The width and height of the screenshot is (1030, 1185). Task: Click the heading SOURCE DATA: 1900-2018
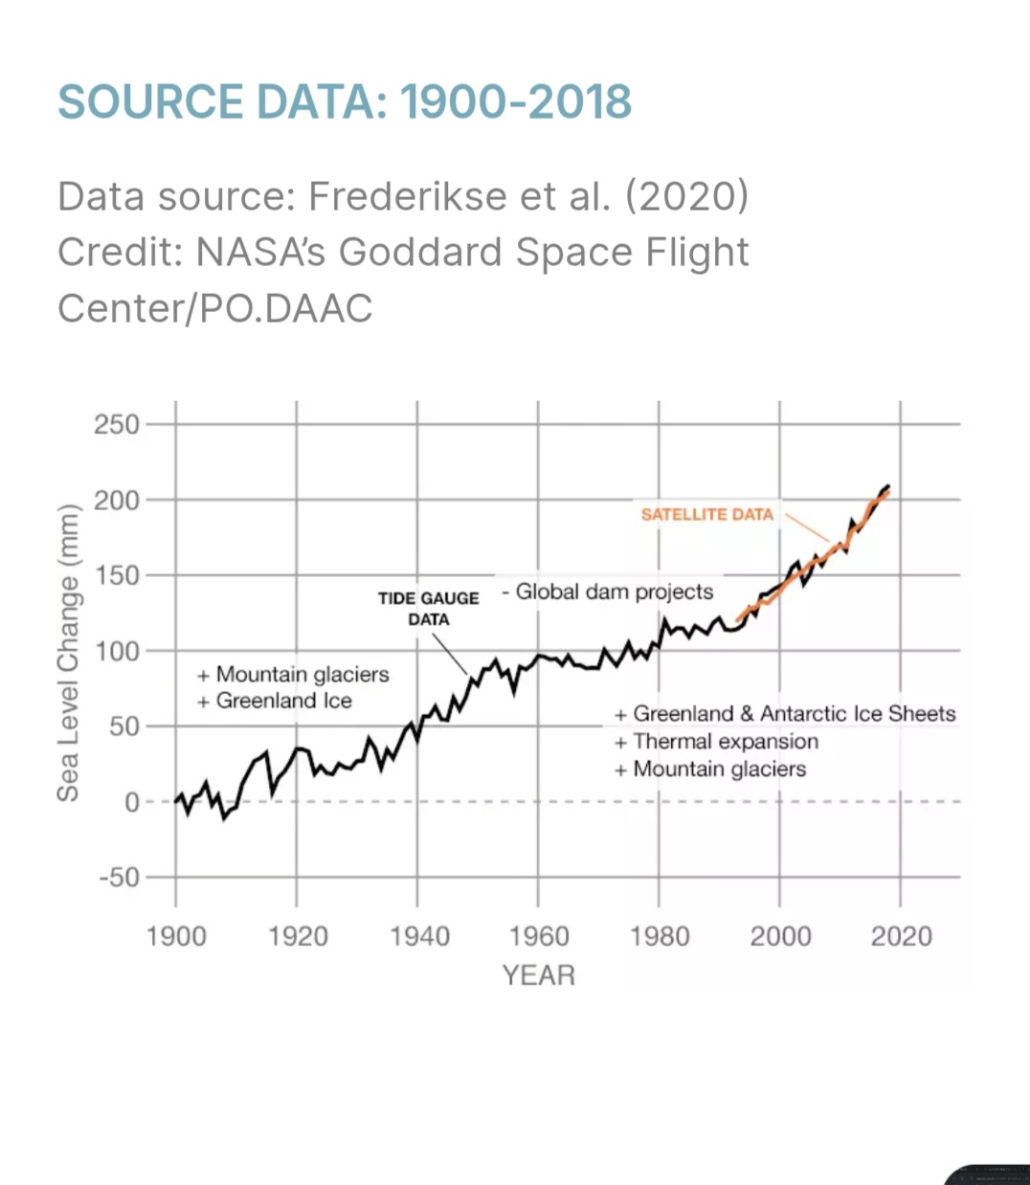click(x=345, y=101)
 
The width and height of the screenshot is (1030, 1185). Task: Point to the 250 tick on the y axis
click(x=117, y=424)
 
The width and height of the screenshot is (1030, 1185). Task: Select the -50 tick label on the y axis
click(x=118, y=878)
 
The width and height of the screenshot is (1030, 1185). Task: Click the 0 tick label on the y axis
click(x=132, y=802)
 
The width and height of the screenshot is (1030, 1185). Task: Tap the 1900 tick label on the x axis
click(x=176, y=936)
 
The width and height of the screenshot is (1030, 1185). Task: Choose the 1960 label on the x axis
click(x=539, y=936)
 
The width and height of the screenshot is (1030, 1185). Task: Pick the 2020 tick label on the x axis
click(x=901, y=936)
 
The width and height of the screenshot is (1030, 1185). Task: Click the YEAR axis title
click(x=539, y=975)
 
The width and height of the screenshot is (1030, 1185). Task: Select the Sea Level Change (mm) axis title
click(x=67, y=652)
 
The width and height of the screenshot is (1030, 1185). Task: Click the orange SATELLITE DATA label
click(x=706, y=514)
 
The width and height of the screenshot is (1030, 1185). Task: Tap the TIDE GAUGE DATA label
click(x=429, y=609)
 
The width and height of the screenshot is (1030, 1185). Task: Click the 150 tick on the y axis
click(x=117, y=575)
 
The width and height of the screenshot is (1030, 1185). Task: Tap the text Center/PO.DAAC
click(x=214, y=308)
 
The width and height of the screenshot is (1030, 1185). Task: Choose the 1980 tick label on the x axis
click(x=660, y=936)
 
